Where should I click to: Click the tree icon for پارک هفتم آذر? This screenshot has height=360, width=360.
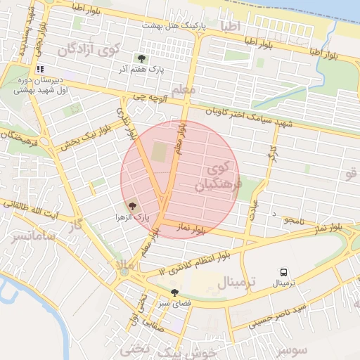142,59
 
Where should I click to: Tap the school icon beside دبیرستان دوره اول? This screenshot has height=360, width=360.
39,70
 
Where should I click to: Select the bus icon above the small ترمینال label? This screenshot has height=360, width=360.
284,272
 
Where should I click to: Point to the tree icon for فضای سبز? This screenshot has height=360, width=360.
174,292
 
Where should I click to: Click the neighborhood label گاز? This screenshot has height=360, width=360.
76,226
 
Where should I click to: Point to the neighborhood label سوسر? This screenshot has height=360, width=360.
292,349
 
